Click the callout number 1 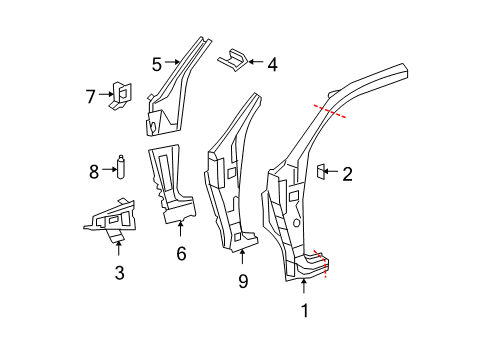pos(305,311)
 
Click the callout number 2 pos(347,174)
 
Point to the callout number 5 pos(157,65)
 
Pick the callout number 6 pos(181,254)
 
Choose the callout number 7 pos(90,97)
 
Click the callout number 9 pos(243,283)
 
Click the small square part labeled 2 pos(322,173)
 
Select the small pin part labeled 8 pos(119,167)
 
